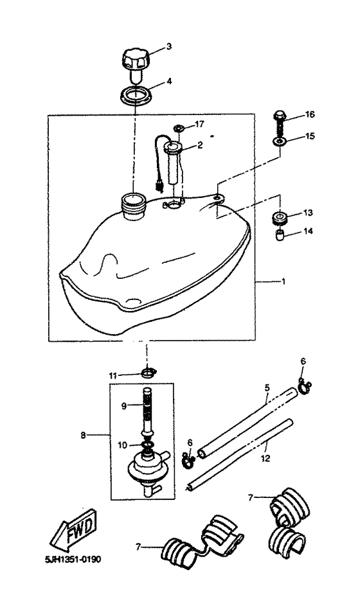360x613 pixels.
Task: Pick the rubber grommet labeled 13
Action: click(x=280, y=217)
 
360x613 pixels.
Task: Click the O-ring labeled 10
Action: click(x=147, y=445)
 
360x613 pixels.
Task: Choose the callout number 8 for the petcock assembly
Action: click(x=83, y=436)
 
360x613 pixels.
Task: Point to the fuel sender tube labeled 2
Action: click(x=174, y=164)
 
